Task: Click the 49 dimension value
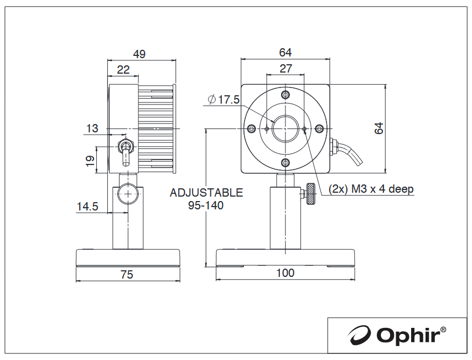pyautogui.click(x=139, y=54)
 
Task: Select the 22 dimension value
pyautogui.click(x=123, y=70)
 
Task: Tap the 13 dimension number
pyautogui.click(x=92, y=128)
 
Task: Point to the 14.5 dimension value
pyautogui.click(x=87, y=207)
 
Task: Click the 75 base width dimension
pyautogui.click(x=127, y=275)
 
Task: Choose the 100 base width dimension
pyautogui.click(x=285, y=273)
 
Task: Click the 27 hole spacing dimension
pyautogui.click(x=286, y=68)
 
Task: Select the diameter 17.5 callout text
pyautogui.click(x=224, y=99)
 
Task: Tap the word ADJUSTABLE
pyautogui.click(x=206, y=193)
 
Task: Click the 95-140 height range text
pyautogui.click(x=206, y=205)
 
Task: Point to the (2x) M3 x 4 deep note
pyautogui.click(x=371, y=189)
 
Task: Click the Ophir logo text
pyautogui.click(x=411, y=335)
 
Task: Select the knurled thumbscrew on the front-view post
pyautogui.click(x=310, y=194)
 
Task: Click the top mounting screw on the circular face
pyautogui.click(x=286, y=95)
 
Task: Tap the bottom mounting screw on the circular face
pyautogui.click(x=286, y=163)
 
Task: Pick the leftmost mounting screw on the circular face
pyautogui.click(x=251, y=129)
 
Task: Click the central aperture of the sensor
pyautogui.click(x=286, y=129)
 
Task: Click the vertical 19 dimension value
pyautogui.click(x=90, y=160)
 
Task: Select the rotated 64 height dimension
pyautogui.click(x=378, y=128)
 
